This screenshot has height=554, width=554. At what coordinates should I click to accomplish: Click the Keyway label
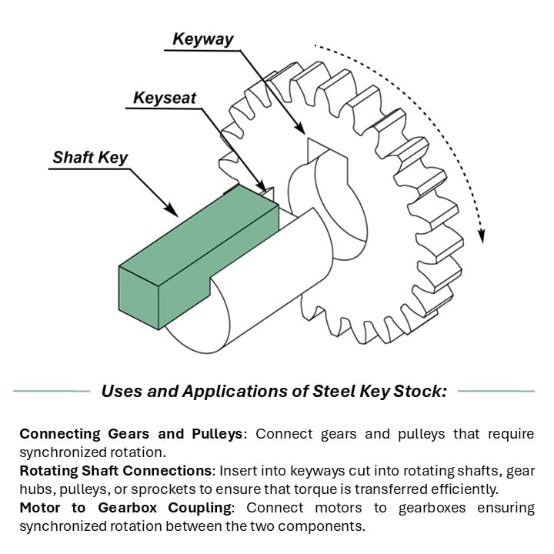[203, 38]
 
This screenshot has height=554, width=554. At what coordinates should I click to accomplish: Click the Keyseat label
[165, 98]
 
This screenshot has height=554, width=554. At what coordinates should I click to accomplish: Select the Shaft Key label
[90, 158]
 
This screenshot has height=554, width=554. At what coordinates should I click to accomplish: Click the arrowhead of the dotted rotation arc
[482, 236]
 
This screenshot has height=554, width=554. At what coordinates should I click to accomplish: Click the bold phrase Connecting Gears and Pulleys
[131, 434]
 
